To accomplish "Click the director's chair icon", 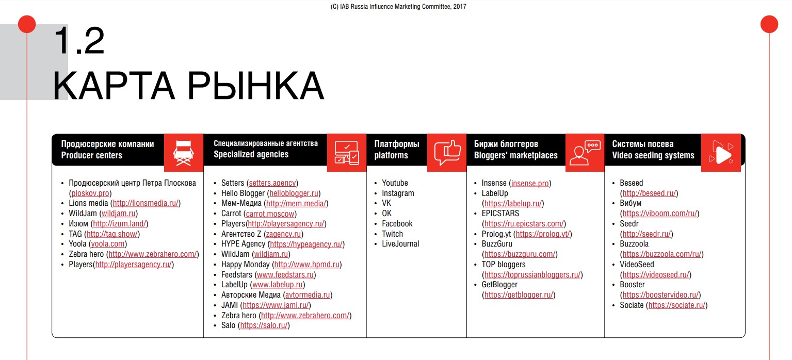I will (x=184, y=152).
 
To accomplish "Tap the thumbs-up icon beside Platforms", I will (x=447, y=152).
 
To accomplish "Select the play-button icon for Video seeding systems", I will (x=721, y=152).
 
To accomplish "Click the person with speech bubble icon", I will (x=585, y=152).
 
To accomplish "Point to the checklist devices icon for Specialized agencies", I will (x=347, y=152).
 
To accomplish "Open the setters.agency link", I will (x=272, y=183).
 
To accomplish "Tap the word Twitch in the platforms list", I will (x=392, y=234).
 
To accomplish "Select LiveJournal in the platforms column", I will (x=400, y=244).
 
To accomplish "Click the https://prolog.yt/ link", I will (x=543, y=234).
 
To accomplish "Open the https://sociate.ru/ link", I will (x=677, y=305).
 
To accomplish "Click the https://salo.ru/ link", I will (x=265, y=325).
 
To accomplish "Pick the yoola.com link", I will (x=108, y=244).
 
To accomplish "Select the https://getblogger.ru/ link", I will (x=519, y=295).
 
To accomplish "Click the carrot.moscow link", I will (x=270, y=214).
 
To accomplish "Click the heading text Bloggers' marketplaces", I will (x=516, y=155).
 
